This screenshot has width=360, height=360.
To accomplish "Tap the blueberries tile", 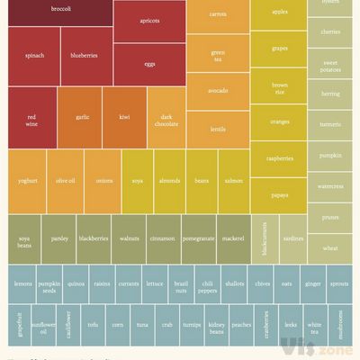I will point(85,55).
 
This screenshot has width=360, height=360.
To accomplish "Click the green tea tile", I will point(218,55).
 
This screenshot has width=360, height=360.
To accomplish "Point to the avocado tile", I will point(218,91).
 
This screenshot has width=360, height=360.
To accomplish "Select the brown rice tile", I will point(279,88).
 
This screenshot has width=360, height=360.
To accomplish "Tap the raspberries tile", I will point(279,158).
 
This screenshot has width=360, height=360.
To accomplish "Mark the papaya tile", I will point(279,194).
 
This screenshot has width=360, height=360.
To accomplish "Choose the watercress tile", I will point(330,186).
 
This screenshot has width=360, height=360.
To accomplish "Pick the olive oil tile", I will point(65,181).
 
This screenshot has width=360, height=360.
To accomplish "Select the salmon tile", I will point(234,181).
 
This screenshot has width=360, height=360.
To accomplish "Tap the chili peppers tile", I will point(208,285).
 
